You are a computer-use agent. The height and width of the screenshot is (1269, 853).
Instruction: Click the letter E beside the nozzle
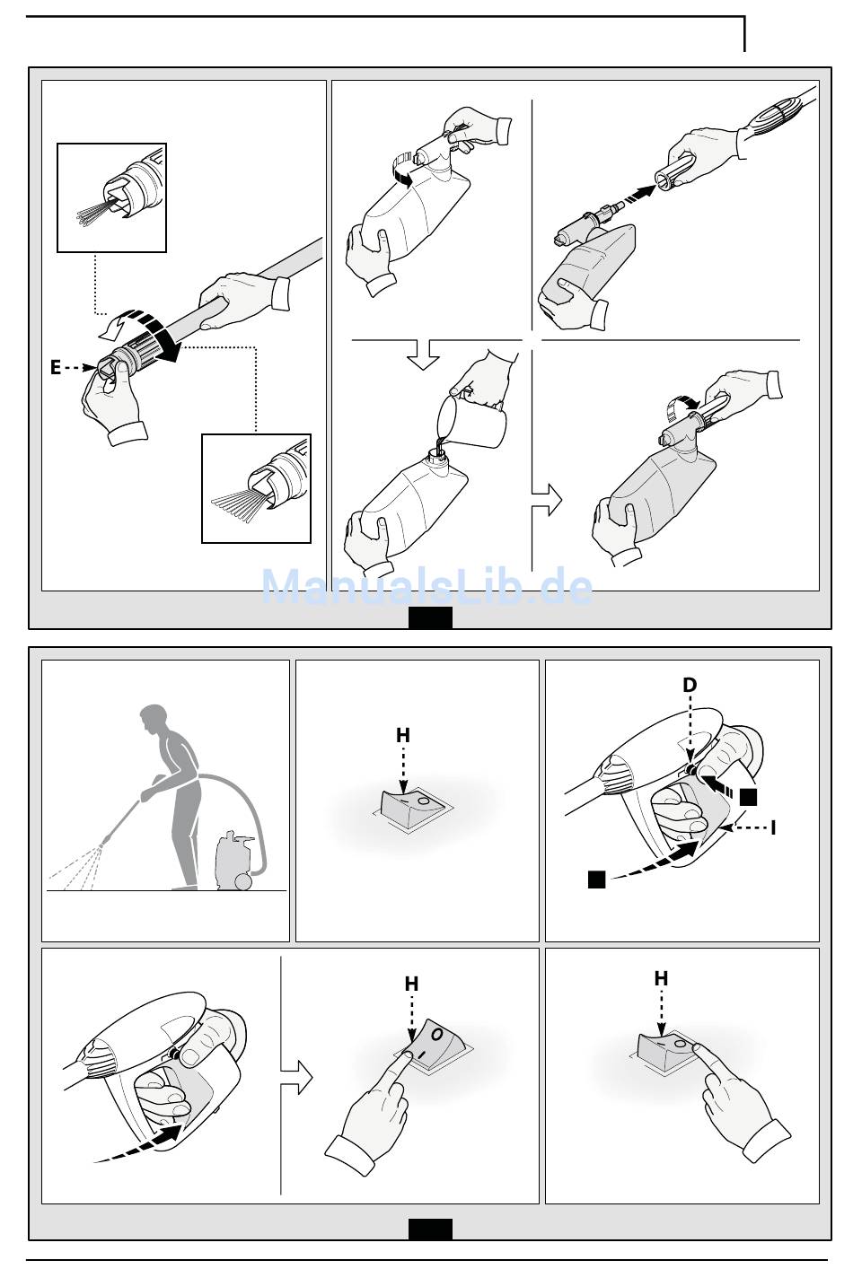(x=55, y=368)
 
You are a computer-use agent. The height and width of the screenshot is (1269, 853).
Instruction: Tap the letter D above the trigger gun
(x=690, y=685)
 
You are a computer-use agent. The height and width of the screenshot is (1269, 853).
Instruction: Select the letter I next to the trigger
(x=773, y=827)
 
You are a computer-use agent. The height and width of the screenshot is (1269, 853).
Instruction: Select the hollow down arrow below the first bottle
(x=423, y=354)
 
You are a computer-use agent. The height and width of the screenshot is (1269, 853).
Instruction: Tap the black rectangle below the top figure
(x=431, y=617)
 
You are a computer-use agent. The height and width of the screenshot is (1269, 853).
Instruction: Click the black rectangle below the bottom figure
(x=431, y=1230)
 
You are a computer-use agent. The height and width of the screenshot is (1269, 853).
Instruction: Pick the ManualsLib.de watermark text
(x=426, y=587)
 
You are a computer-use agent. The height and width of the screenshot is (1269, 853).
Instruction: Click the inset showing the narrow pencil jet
(x=111, y=197)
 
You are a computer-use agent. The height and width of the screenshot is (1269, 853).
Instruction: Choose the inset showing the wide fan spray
(x=256, y=488)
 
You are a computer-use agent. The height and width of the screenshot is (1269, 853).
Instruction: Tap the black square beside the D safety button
(x=748, y=797)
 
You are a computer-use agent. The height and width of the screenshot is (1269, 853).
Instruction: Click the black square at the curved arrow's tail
(x=597, y=880)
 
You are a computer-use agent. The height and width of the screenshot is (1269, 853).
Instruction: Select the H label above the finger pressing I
(x=411, y=984)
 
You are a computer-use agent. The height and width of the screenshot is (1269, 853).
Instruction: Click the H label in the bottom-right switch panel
(x=661, y=978)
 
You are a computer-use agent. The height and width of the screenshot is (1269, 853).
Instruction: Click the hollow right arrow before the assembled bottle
(x=547, y=500)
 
